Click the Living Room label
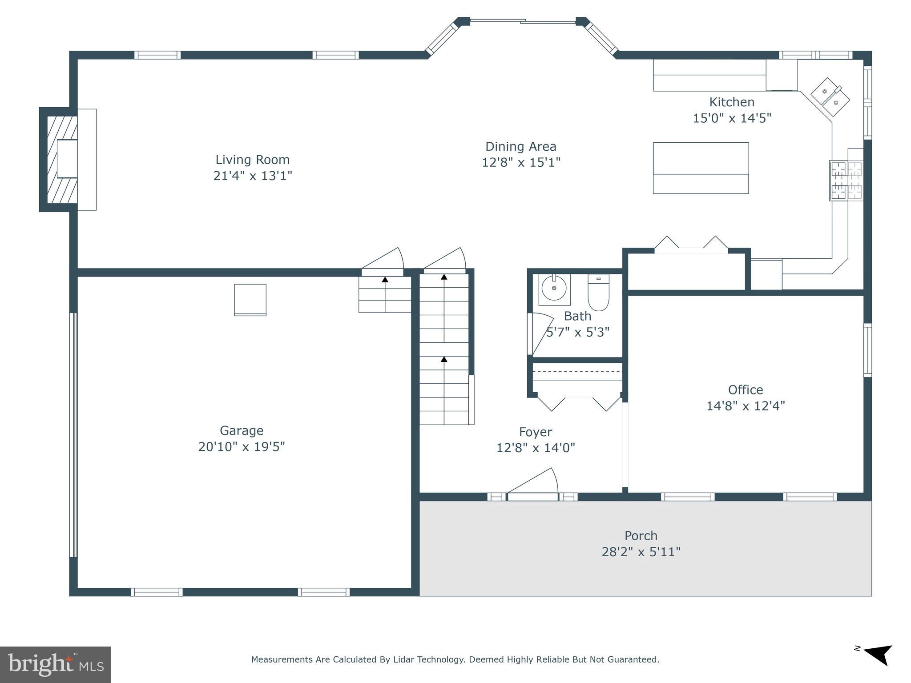(252, 160)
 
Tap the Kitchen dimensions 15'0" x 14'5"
(732, 118)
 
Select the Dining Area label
(520, 146)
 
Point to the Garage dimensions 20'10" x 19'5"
(242, 446)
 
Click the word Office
(746, 390)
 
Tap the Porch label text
(641, 536)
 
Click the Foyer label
(536, 432)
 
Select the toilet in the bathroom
(598, 293)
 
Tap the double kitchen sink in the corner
(830, 97)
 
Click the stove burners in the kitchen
(847, 181)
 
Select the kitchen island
(701, 168)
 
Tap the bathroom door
(540, 333)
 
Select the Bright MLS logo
(56, 665)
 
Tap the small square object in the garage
(250, 300)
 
